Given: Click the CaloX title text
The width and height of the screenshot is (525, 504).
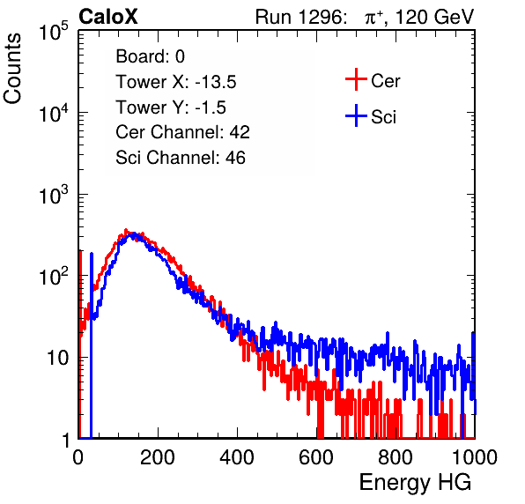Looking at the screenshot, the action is pyautogui.click(x=108, y=17).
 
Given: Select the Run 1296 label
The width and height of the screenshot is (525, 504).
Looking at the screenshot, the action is pyautogui.click(x=300, y=17).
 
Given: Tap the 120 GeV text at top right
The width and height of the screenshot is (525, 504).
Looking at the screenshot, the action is pyautogui.click(x=434, y=17).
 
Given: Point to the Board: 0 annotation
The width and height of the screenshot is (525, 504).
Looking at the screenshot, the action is pyautogui.click(x=150, y=56).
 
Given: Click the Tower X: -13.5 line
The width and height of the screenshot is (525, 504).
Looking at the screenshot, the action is pyautogui.click(x=176, y=82).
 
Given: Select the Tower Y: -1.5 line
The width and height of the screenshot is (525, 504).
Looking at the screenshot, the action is pyautogui.click(x=171, y=107).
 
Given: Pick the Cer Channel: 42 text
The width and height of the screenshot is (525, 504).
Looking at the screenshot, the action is pyautogui.click(x=182, y=132).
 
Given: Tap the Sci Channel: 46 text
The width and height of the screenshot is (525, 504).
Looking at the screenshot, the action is pyautogui.click(x=181, y=158).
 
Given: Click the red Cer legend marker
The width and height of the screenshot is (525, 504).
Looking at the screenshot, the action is pyautogui.click(x=356, y=79).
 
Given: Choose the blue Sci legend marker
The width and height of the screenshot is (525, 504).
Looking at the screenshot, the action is pyautogui.click(x=356, y=115).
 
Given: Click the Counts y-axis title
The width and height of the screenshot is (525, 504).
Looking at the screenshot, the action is pyautogui.click(x=12, y=69).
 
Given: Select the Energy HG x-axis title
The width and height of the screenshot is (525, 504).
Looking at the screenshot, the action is pyautogui.click(x=415, y=482).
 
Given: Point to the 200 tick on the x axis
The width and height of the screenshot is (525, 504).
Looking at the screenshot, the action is pyautogui.click(x=158, y=457).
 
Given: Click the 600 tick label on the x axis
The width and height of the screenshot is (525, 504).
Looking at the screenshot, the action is pyautogui.click(x=316, y=457).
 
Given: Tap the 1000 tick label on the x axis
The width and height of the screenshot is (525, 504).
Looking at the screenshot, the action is pyautogui.click(x=475, y=457).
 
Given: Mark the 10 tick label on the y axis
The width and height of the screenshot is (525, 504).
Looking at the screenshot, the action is pyautogui.click(x=57, y=358).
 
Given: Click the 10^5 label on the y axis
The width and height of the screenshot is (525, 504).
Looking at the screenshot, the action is pyautogui.click(x=54, y=31).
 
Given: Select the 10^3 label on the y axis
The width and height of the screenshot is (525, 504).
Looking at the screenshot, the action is pyautogui.click(x=54, y=195).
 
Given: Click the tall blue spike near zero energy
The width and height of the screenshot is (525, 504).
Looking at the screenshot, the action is pyautogui.click(x=92, y=345).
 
